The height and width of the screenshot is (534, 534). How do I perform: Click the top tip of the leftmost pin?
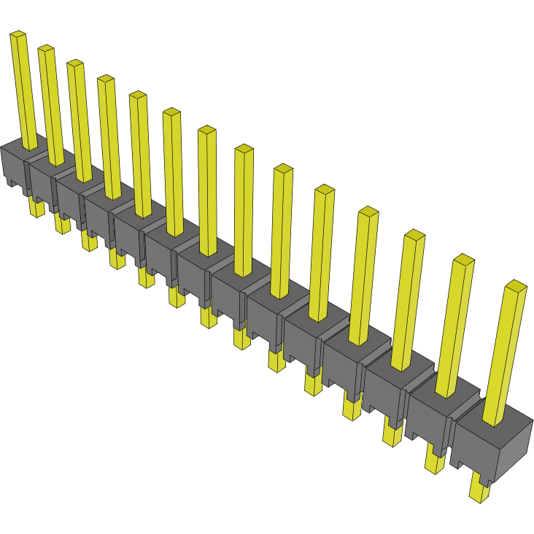coord(18,34)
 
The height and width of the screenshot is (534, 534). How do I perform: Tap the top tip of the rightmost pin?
coord(516,285)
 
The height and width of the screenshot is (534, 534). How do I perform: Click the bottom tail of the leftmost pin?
coord(36,208)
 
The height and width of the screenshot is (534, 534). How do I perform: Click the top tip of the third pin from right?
coord(414,235)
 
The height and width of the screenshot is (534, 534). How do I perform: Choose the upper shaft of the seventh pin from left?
coord(207,190)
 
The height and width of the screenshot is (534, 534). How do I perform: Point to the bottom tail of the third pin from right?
coord(392,435)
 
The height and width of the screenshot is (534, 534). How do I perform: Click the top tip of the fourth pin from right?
coord(368,212)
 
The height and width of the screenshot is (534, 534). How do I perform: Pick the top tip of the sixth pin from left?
coord(171,112)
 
